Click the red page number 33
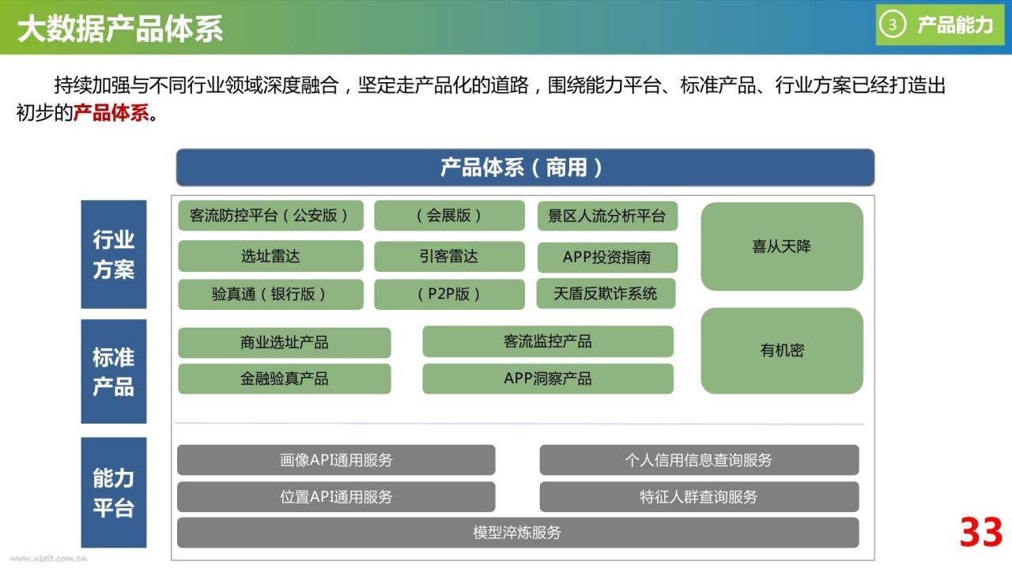[x=981, y=532]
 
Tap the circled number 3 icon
[x=893, y=24]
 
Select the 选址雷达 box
[x=270, y=256]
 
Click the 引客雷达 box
[x=449, y=256]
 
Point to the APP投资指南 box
[x=607, y=257]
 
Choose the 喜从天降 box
[x=782, y=247]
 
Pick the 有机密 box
[x=782, y=350]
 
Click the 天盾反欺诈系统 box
[x=606, y=293]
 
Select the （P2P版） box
[x=449, y=295]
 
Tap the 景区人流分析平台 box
[x=607, y=216]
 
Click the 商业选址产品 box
[x=284, y=342]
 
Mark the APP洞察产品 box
[x=548, y=379]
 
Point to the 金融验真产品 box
[x=284, y=379]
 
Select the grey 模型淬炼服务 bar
[x=518, y=533]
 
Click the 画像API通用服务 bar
[x=336, y=460]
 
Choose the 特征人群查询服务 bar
[x=699, y=497]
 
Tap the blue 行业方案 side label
[x=114, y=254]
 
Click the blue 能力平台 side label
[x=114, y=492]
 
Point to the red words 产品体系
[x=111, y=113]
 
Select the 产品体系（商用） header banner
[x=525, y=167]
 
